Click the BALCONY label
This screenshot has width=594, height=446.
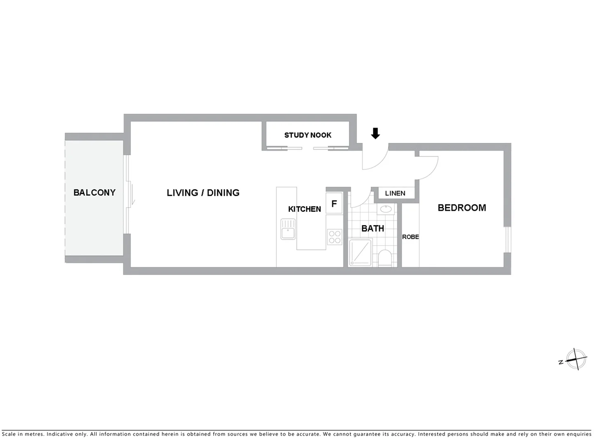94,192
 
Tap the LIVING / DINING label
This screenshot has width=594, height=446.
203,192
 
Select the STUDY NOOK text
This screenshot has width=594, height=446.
308,135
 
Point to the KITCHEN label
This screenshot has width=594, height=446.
304,209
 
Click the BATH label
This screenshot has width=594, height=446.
372,228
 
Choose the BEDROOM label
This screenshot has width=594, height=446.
462,208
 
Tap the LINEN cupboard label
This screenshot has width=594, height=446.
395,193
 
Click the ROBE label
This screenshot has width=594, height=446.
410,237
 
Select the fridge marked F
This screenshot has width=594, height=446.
334,204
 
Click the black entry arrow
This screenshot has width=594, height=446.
375,133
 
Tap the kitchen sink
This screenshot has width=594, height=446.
288,229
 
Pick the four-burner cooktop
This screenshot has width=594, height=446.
335,237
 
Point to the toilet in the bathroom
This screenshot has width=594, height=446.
385,258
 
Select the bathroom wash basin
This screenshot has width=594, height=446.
386,209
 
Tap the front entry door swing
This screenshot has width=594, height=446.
376,159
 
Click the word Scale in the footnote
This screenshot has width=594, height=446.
9,434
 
